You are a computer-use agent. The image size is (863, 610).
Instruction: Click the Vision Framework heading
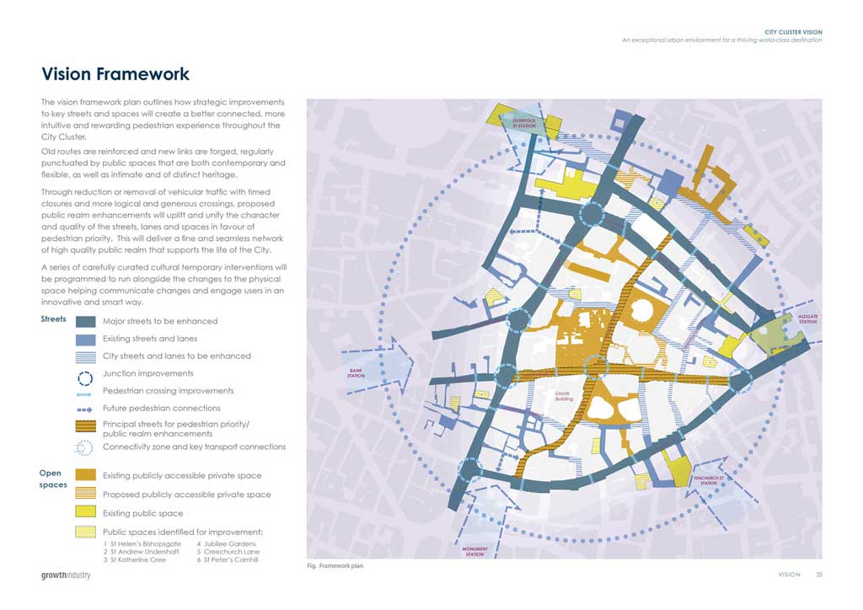(x=115, y=75)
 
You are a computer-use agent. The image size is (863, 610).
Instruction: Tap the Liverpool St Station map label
(x=529, y=123)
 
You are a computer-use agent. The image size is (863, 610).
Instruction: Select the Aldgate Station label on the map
(x=807, y=318)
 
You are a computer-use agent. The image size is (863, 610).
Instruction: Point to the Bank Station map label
(x=356, y=373)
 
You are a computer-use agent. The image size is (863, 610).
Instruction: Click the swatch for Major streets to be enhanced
(x=86, y=321)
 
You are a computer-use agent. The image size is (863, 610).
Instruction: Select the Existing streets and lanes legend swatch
(x=86, y=339)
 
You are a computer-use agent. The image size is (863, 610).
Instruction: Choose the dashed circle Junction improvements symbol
(x=86, y=374)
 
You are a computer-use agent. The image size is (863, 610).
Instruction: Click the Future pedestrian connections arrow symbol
(x=86, y=409)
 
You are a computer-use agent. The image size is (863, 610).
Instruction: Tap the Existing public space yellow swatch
(x=86, y=512)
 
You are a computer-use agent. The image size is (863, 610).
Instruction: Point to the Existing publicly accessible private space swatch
(x=86, y=476)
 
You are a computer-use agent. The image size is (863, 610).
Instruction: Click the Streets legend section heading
(x=54, y=319)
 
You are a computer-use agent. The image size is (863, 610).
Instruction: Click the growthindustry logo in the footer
(x=66, y=575)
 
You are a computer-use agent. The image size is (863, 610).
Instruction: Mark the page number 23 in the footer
(x=818, y=575)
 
